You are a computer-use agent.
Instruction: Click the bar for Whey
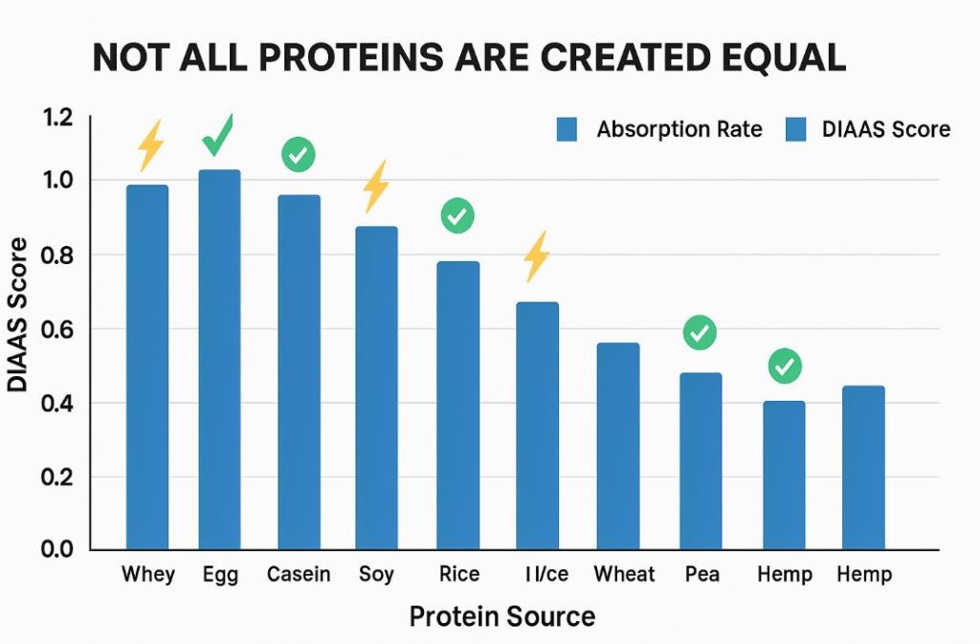[x=147, y=368]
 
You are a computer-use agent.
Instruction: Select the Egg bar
[x=219, y=361]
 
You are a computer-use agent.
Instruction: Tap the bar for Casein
[x=299, y=373]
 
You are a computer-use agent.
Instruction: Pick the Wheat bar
[x=618, y=447]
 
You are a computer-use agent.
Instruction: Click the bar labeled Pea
[x=700, y=462]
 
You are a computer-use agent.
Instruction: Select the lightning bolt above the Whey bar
[x=150, y=145]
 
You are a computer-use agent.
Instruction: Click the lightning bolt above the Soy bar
[x=375, y=186]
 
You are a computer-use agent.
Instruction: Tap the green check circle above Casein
[x=299, y=154]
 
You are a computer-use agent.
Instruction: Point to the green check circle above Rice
[x=457, y=215]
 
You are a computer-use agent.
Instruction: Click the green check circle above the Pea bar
[x=700, y=333]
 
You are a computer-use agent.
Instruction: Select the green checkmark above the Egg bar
[x=218, y=136]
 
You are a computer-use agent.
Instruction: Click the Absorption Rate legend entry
[x=659, y=129]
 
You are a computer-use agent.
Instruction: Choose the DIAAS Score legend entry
[x=867, y=129]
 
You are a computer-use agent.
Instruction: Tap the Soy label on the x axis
[x=376, y=574]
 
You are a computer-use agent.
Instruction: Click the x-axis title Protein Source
[x=501, y=616]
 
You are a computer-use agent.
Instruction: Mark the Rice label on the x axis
[x=458, y=574]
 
